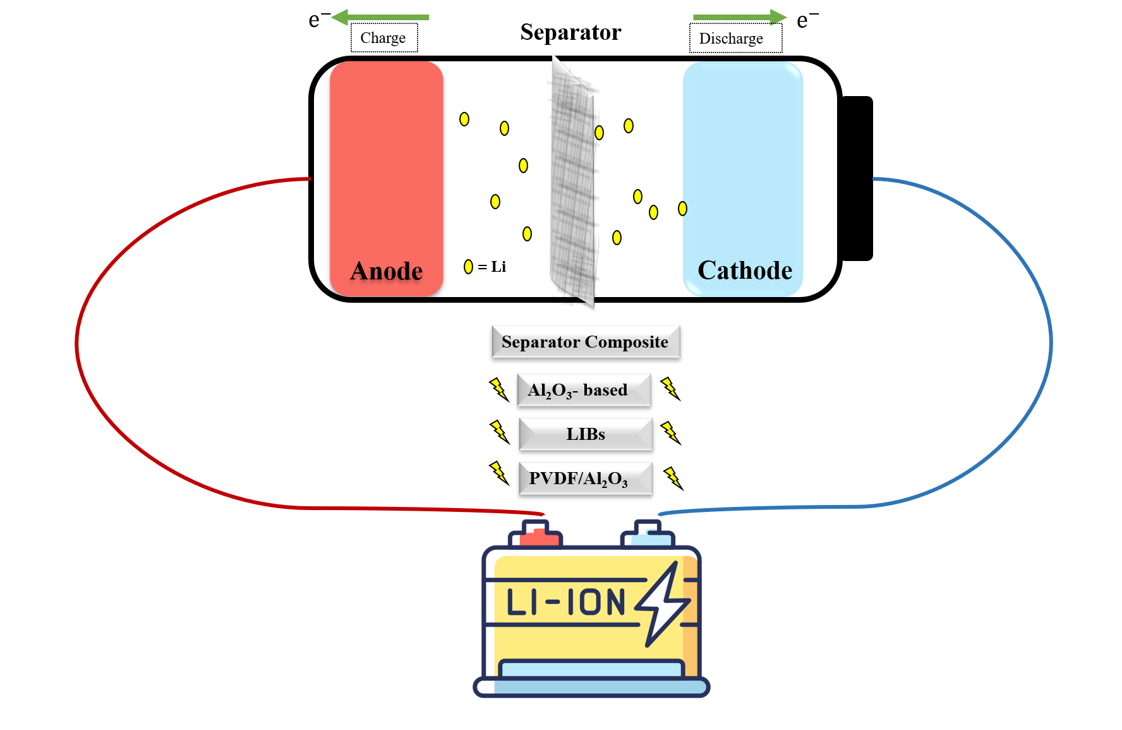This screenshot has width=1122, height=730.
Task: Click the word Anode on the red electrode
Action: tap(386, 271)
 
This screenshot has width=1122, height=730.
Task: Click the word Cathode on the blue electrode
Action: tap(744, 271)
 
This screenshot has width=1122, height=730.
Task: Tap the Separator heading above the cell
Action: tap(570, 32)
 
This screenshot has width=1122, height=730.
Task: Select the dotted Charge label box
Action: tap(383, 38)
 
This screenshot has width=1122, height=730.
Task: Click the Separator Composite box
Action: tap(586, 342)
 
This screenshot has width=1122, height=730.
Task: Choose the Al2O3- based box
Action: tap(583, 390)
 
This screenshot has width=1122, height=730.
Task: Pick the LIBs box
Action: tap(586, 434)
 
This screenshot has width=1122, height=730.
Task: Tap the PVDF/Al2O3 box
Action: tap(585, 478)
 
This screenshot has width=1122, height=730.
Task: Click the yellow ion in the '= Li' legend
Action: tap(468, 267)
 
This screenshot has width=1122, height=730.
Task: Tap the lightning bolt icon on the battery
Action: tap(662, 604)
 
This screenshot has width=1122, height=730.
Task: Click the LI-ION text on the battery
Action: tap(565, 602)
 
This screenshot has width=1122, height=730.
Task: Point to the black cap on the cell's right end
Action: tap(857, 178)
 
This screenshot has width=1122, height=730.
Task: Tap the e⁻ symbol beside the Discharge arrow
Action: tap(806, 20)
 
